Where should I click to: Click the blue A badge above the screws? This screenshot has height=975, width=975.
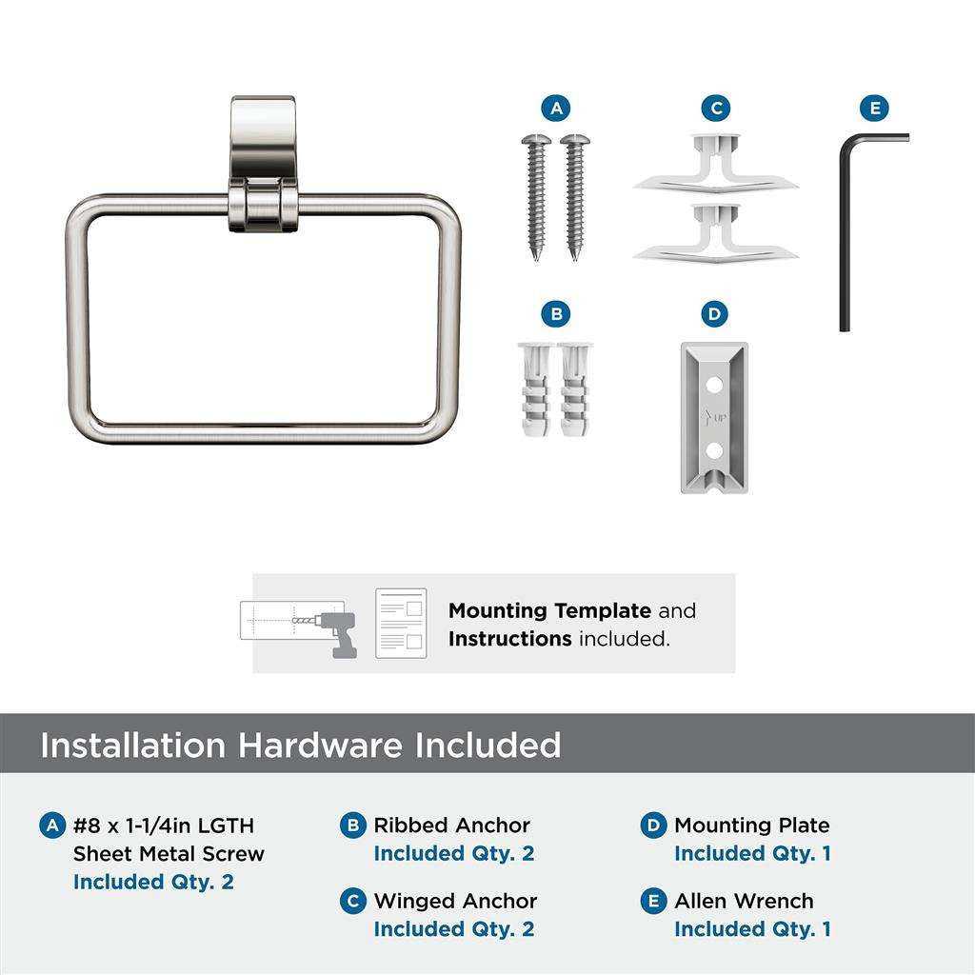557,108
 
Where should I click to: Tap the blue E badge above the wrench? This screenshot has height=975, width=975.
875,108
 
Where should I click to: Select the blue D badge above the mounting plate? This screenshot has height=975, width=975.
714,313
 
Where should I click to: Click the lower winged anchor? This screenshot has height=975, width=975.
716,232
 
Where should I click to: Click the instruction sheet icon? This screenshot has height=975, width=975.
400,623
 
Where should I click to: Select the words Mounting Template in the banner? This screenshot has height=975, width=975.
549,610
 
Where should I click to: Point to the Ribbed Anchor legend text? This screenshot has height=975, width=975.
451,826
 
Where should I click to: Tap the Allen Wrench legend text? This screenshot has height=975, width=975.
744,901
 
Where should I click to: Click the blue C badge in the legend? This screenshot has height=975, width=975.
353,902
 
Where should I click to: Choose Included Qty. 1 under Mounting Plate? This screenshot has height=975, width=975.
752,853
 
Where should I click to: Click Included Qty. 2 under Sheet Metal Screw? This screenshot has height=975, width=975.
153,882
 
